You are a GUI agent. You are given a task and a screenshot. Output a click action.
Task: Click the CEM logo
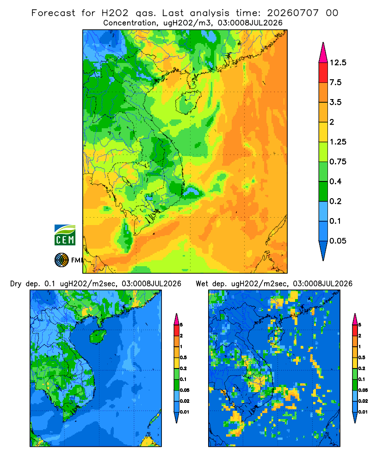coord(65,235)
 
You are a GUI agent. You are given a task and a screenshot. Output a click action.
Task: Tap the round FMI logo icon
coord(62,260)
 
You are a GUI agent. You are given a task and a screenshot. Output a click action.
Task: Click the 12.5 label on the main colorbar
coord(338,63)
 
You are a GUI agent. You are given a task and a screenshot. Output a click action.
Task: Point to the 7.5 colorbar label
coord(335,82)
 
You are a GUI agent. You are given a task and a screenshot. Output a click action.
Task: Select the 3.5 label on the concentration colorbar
coord(335,102)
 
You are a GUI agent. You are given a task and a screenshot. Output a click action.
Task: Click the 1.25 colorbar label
coord(338,142)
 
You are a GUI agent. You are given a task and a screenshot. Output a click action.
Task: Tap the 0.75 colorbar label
coord(338,162)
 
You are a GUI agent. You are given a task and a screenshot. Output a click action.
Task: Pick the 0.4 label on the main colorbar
coord(335,181)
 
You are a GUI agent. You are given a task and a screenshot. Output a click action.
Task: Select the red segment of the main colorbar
coord(323,73)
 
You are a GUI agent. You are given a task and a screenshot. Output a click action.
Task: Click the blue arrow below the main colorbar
coord(323,250)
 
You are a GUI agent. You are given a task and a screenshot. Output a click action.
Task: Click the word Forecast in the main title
coord(53,13)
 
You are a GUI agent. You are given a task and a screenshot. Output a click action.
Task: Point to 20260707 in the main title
coord(293,13)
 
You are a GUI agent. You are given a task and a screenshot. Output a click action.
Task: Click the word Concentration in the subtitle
coord(130,23)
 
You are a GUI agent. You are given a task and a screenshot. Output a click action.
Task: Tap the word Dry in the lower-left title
coord(16,284)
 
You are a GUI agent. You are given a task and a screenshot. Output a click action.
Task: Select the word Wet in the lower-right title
coord(202,284)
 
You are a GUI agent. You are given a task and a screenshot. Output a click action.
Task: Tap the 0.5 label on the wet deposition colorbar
coord(361,357)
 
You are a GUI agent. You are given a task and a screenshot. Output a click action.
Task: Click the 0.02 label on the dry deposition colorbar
coord(185,401)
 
